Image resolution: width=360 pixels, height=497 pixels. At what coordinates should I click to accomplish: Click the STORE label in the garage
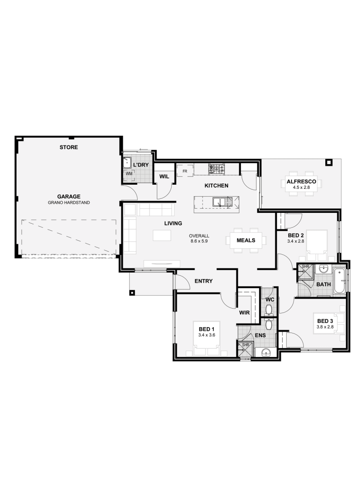[x=69, y=147]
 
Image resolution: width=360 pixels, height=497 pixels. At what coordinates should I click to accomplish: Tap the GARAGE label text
[x=69, y=197]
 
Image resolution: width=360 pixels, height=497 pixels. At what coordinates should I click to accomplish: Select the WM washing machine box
[x=129, y=174]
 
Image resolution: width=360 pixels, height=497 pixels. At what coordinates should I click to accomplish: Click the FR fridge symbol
[x=185, y=171]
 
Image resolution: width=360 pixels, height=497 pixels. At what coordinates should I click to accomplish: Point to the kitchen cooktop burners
[x=216, y=169]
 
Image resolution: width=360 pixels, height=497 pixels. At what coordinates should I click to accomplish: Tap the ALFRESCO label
[x=301, y=181]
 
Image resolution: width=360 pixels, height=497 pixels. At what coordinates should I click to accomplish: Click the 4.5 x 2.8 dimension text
[x=301, y=188]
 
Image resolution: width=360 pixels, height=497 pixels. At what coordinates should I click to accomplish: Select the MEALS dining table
[x=246, y=240]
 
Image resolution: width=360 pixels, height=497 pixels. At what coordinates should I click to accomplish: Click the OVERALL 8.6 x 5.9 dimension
[x=200, y=238]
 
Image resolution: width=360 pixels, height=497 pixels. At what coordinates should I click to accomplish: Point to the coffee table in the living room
[x=162, y=235]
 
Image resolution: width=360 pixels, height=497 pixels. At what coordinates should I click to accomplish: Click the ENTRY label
[x=203, y=281]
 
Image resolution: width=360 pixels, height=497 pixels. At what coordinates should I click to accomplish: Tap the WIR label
[x=244, y=313]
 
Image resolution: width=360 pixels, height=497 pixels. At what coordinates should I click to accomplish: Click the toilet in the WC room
[x=269, y=309]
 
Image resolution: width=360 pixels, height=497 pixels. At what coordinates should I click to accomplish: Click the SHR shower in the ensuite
[x=245, y=350]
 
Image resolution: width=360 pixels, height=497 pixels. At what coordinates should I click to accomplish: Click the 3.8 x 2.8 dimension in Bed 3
[x=325, y=327]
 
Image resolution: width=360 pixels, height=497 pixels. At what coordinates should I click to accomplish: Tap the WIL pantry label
[x=164, y=177]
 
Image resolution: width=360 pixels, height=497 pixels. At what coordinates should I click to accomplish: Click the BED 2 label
[x=296, y=235]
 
